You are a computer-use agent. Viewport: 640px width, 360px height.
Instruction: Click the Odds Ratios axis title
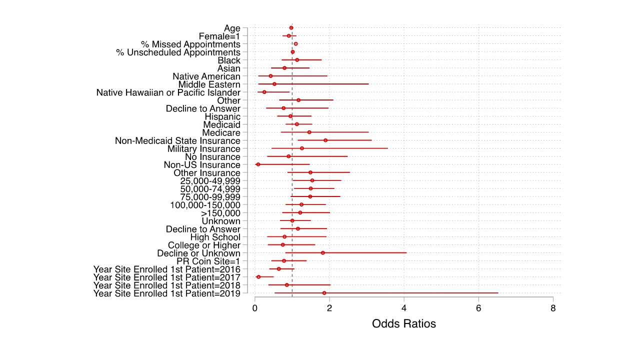403,324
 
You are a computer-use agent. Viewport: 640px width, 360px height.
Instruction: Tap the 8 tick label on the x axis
553,307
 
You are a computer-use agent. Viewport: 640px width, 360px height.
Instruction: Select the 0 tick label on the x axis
255,307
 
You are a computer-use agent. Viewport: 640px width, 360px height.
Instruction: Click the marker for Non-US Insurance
258,164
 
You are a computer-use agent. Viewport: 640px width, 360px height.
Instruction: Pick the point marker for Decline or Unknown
322,253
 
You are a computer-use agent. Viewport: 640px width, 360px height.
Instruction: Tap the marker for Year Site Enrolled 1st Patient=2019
324,293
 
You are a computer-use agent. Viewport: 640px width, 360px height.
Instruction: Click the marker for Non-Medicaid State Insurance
325,140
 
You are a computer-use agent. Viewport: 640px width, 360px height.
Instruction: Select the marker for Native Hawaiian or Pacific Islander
264,92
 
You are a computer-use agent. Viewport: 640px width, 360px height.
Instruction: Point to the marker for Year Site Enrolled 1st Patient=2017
258,277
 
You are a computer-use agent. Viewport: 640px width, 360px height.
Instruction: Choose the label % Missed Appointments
190,44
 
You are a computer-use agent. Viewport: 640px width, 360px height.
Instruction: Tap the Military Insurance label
203,148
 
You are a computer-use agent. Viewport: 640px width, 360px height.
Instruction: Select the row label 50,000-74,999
210,189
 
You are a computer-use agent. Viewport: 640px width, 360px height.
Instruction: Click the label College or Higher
204,245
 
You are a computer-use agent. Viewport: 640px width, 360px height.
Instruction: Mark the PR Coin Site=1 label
208,261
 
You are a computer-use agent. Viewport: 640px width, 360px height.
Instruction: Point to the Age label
232,28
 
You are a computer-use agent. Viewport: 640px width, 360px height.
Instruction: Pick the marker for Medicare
309,132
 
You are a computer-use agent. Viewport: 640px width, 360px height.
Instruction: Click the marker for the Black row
297,60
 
